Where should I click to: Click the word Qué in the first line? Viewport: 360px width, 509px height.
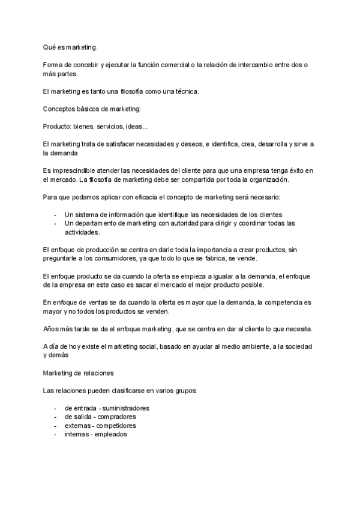coord(50,47)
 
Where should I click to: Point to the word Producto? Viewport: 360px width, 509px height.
coord(58,127)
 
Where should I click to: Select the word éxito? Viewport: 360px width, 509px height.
coord(293,171)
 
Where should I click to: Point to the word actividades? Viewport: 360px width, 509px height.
coord(82,232)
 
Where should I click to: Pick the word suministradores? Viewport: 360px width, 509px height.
coord(124,408)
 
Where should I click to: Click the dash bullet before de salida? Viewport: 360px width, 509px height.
coord(55,417)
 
